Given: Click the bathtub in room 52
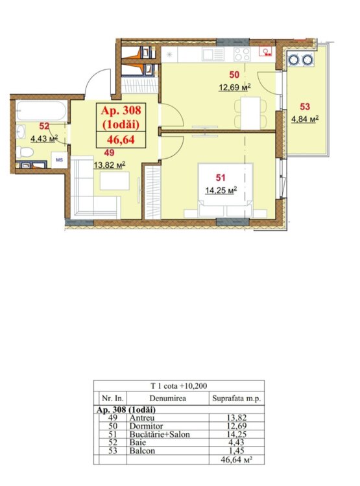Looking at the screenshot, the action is pos(42,111).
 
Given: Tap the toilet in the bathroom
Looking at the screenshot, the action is pos(25,152).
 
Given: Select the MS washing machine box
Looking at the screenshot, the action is pos(59,160).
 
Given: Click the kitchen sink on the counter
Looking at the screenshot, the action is pos(213,54).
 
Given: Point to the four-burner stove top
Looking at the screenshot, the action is pos(242,54).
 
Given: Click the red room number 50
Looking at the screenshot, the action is pos(234,75).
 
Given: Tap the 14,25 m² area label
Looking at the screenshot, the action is pos(221,190).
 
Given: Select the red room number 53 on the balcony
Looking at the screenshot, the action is pos(305,107).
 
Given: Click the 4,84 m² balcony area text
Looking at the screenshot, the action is pos(305,119).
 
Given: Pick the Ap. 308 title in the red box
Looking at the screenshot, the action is pos(121,110).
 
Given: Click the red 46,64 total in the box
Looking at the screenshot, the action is pos(121,139).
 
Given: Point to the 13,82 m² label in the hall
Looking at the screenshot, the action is pos(110,165).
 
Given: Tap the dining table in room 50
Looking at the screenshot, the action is pos(250,113).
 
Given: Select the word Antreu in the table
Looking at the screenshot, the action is pos(142,418).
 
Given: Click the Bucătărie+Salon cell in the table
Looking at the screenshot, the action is pos(160,435).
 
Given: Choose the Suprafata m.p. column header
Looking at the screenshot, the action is pos(237,399).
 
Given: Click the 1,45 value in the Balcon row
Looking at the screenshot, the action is pos(236,450).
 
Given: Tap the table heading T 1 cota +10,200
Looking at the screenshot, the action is pos(179,386).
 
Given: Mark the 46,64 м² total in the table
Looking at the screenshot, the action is pos(236,459).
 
